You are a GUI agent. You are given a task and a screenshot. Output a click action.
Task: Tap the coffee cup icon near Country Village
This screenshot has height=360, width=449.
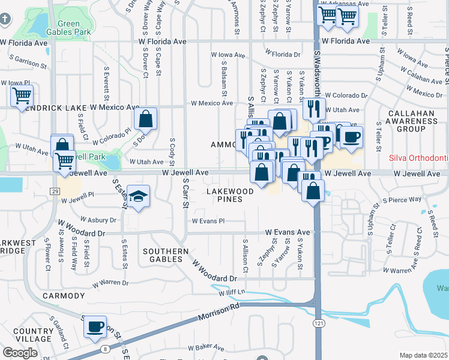point(94,326)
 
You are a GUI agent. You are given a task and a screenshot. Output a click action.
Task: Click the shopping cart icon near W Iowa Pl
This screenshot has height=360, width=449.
point(22,95)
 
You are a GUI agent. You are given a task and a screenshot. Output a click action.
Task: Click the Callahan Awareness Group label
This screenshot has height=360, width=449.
point(411,121)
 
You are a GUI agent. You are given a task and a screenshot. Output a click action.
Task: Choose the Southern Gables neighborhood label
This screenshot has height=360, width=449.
point(162,254)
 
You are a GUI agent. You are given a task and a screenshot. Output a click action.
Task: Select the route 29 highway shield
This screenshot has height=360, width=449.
point(55,191)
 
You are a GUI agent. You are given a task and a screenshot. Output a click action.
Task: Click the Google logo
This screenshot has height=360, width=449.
point(20,353)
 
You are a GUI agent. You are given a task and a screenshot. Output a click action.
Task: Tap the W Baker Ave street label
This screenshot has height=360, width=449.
point(206,347)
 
